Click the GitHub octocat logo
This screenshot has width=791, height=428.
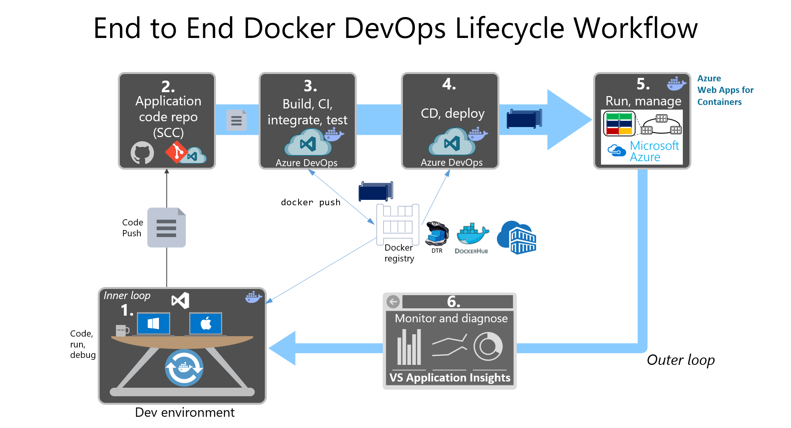coord(142,153)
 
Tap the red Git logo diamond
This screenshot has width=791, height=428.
coord(176,152)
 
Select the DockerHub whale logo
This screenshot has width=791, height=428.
coord(472,234)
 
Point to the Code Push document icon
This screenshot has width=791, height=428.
coord(166,228)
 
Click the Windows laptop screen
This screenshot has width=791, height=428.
coord(154,323)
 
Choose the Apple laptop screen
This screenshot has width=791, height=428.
coord(206,323)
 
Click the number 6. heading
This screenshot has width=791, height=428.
coord(453,302)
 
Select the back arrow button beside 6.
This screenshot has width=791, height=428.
coord(393,302)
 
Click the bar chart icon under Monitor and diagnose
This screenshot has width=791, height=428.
coord(409,347)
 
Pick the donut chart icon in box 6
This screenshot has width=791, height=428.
coord(488,347)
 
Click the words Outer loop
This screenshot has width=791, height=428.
coord(680,360)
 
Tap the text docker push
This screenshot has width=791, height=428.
coord(311,202)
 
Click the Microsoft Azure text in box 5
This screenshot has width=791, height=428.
coord(654,151)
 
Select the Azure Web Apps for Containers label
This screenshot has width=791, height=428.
coord(725,90)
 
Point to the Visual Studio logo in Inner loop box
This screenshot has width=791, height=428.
coord(181,300)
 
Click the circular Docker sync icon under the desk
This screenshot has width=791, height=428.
coord(184,368)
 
